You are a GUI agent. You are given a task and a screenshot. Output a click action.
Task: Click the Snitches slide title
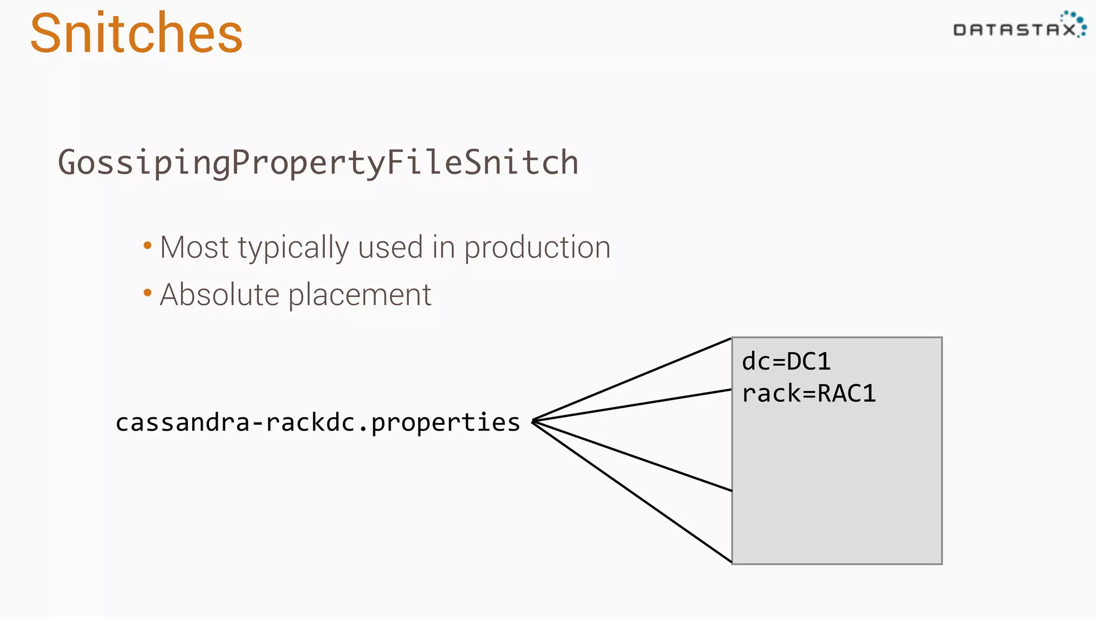point(136,34)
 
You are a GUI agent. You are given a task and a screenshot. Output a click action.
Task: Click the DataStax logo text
point(1014,30)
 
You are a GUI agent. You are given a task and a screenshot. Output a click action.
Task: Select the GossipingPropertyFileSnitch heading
point(318,163)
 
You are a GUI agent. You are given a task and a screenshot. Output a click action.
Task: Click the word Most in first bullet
point(194,247)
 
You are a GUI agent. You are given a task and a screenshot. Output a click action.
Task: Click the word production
point(537,249)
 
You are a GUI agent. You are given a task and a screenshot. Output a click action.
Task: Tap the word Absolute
point(219,295)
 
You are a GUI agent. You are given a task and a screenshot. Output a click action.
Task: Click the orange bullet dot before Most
point(148,246)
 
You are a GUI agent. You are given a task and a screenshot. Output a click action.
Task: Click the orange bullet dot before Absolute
point(148,293)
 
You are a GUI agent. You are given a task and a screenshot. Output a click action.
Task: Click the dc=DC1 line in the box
point(786,362)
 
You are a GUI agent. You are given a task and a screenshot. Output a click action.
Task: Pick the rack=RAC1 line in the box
point(809,394)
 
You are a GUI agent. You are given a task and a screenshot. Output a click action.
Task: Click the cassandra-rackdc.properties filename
point(318,423)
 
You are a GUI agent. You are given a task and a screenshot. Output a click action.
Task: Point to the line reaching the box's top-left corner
point(631,380)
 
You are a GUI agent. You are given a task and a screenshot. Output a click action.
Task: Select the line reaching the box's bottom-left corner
point(631,492)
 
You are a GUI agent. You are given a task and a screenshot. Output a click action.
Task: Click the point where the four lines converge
point(534,421)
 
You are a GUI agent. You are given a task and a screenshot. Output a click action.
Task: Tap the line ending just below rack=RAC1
point(631,405)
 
